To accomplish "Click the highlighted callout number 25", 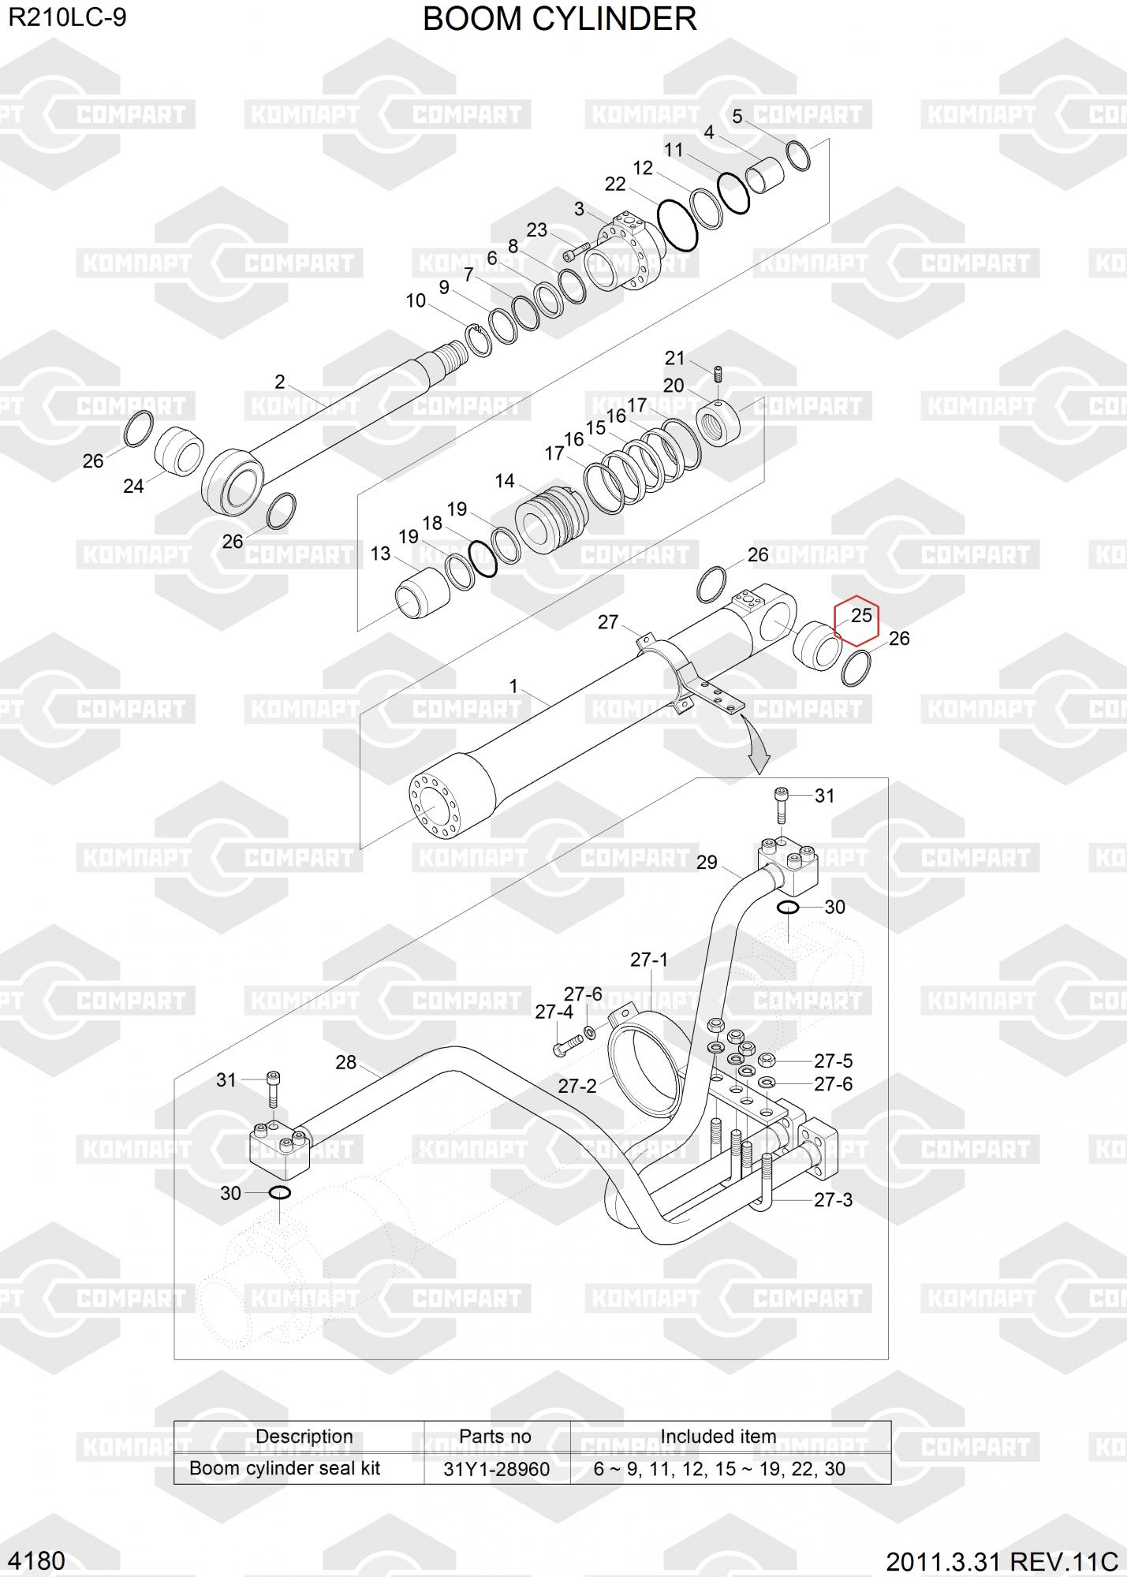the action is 861,614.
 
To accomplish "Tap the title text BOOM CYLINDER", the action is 559,19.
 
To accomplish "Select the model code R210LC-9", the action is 67,17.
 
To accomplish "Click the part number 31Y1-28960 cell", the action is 496,1469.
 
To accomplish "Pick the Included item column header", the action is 718,1437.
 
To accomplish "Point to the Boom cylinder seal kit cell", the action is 285,1469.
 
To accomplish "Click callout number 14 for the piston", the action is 505,481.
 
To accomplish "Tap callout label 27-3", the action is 834,1200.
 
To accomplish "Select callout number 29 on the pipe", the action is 707,863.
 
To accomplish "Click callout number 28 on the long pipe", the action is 346,1062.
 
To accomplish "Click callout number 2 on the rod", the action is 280,382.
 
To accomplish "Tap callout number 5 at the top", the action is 737,117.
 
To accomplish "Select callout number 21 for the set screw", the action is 675,359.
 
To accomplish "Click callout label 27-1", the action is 649,960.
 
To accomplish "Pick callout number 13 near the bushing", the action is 381,554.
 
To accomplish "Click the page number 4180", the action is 37,1561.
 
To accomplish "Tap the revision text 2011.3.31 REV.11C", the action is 1002,1562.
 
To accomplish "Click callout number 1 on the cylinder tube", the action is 514,686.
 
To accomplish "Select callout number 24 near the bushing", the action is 133,487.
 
